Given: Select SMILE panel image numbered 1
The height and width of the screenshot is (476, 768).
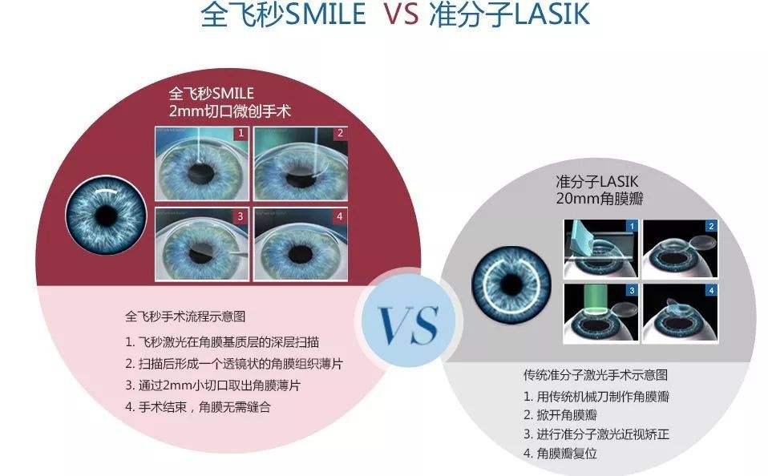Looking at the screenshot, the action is click(x=202, y=163).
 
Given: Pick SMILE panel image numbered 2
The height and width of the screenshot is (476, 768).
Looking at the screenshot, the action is click(x=301, y=163).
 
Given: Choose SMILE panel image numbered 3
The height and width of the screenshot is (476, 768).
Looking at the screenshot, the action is click(x=202, y=244).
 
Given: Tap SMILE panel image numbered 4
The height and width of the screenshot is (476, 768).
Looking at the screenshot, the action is click(x=301, y=244).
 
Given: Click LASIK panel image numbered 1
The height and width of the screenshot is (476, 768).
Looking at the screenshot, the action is click(x=601, y=248).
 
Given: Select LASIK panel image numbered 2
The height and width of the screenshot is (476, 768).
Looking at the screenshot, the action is click(x=681, y=248).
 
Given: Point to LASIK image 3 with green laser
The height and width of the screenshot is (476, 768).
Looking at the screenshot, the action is click(x=601, y=313).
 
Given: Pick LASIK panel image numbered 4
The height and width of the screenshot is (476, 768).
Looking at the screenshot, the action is click(x=681, y=313).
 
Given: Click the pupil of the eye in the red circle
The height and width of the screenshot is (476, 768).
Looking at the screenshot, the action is click(x=106, y=215).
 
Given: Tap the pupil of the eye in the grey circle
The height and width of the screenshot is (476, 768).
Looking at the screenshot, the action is click(x=511, y=284).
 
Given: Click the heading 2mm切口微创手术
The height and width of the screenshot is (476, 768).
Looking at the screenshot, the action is click(x=230, y=111).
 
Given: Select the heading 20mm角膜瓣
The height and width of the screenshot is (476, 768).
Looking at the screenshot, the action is click(x=600, y=199).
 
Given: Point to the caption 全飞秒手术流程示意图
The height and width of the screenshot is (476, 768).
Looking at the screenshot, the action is click(x=185, y=317).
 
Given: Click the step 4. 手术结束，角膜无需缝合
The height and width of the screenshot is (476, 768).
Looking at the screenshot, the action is click(x=198, y=407).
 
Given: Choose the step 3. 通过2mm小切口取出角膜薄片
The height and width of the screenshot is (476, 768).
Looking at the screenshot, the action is click(x=212, y=385).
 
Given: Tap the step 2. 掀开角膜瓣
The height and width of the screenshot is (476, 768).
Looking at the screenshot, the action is click(x=560, y=415).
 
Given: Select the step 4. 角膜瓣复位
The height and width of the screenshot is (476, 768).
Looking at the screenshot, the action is click(x=560, y=454).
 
